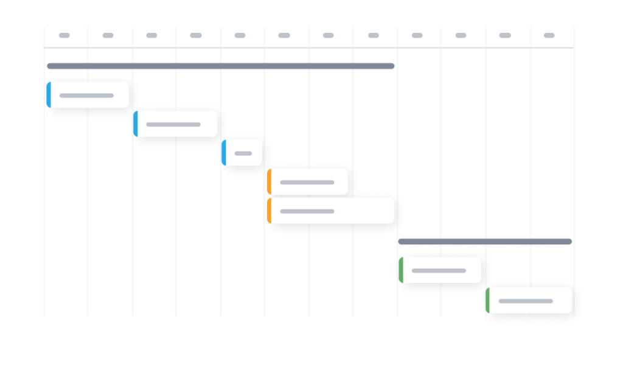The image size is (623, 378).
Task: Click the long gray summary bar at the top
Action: coord(221,66)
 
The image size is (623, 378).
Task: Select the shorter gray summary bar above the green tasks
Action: coord(485,242)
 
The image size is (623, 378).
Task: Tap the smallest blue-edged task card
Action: coord(242,153)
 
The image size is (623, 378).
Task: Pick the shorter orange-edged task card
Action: coord(307,182)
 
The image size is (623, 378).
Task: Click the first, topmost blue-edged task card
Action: coord(88,95)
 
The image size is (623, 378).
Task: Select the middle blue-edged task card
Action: coord(176,124)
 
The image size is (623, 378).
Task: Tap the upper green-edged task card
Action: coord(440,270)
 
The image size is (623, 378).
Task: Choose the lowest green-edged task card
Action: coord(529,300)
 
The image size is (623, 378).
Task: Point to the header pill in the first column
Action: coord(64,35)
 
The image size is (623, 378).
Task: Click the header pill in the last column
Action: coord(549,35)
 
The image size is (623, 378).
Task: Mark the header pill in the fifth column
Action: coord(240,35)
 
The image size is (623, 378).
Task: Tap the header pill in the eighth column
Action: coord(373,35)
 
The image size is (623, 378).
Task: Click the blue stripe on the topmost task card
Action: coord(49,95)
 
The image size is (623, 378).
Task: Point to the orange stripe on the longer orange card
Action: coord(269,211)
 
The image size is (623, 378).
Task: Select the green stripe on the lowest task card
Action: coord(487,300)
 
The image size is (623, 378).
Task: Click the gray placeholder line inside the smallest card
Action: coord(243,153)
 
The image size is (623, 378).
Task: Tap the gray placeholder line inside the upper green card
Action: coord(439,270)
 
